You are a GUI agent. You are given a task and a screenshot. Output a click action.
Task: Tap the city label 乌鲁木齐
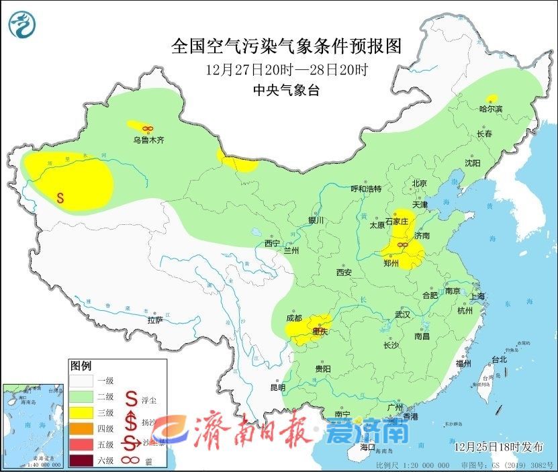click(x=148, y=140)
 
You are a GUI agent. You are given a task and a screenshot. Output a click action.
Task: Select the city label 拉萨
click(x=154, y=320)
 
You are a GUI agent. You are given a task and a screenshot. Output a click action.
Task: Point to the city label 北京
click(x=420, y=183)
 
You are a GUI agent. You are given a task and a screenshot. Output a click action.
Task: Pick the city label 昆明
click(x=277, y=387)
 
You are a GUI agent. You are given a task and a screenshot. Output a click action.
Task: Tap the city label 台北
click(x=499, y=359)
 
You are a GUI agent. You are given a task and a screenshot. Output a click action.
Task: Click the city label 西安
click(x=344, y=273)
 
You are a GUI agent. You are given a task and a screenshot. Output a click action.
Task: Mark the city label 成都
click(x=293, y=318)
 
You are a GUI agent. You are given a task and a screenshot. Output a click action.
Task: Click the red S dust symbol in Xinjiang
click(x=60, y=198)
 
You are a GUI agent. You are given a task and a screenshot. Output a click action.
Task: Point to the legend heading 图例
click(x=81, y=366)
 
